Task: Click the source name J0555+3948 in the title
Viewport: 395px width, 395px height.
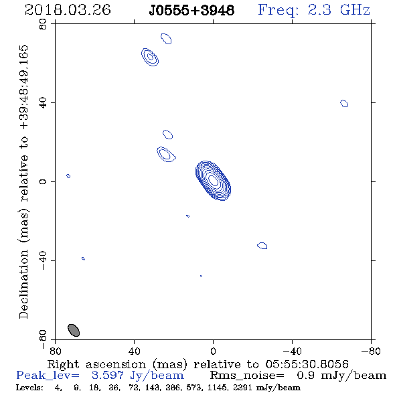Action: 191,10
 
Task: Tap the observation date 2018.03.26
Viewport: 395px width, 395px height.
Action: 68,10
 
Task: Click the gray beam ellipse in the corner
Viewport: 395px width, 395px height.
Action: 74,330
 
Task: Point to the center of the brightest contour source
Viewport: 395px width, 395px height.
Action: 213,181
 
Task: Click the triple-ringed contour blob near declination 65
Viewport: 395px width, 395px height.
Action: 150,57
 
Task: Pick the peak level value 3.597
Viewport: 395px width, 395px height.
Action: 108,376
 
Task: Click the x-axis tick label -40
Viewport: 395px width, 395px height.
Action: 292,351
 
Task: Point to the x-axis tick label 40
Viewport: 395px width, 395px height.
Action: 134,351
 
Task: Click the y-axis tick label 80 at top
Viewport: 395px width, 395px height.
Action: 43,24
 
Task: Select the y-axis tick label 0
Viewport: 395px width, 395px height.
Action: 43,181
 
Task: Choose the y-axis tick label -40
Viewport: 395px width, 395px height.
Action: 43,260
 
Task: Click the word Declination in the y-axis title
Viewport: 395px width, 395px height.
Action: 23,284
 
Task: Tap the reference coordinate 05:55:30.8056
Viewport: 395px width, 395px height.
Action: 307,364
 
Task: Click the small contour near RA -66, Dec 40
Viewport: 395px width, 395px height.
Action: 344,103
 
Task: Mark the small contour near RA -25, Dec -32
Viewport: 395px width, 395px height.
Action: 262,246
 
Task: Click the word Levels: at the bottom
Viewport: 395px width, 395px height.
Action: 29,387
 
